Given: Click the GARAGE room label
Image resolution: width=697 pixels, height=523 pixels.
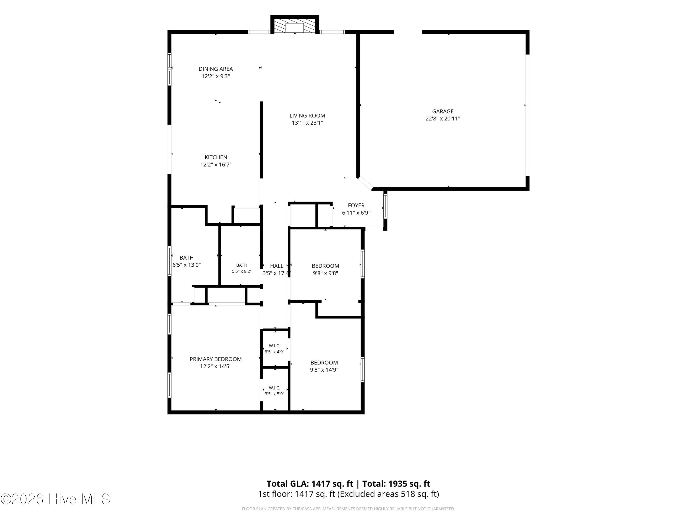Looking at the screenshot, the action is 443,111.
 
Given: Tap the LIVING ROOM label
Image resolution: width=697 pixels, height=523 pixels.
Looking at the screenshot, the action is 307,116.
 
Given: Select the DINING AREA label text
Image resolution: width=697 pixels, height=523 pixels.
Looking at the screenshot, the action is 216,69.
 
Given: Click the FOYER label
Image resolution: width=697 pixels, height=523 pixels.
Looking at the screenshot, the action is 356,205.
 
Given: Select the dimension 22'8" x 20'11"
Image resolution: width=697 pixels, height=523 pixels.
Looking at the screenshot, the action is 443,119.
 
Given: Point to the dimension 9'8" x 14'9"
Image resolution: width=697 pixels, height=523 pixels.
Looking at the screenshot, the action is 324,370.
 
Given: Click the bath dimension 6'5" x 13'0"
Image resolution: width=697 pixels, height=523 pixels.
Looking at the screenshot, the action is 187,265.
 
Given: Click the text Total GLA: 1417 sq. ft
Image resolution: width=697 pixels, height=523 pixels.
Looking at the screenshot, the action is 310,483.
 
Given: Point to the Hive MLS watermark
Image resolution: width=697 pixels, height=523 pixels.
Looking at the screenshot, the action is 56,499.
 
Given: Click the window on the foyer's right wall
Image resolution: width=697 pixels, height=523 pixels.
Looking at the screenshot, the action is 385,206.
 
